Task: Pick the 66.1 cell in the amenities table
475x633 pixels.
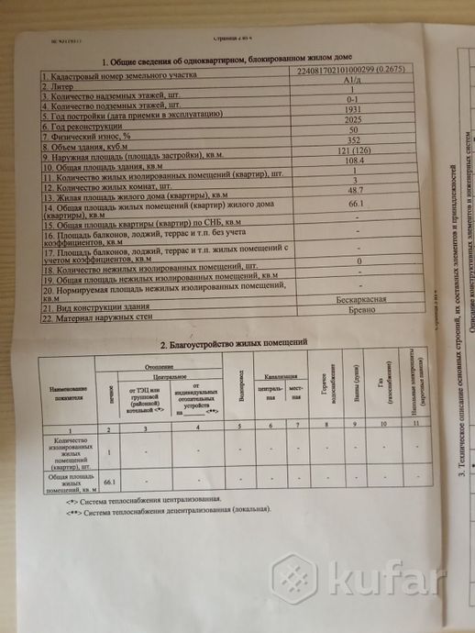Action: tap(111, 481)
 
